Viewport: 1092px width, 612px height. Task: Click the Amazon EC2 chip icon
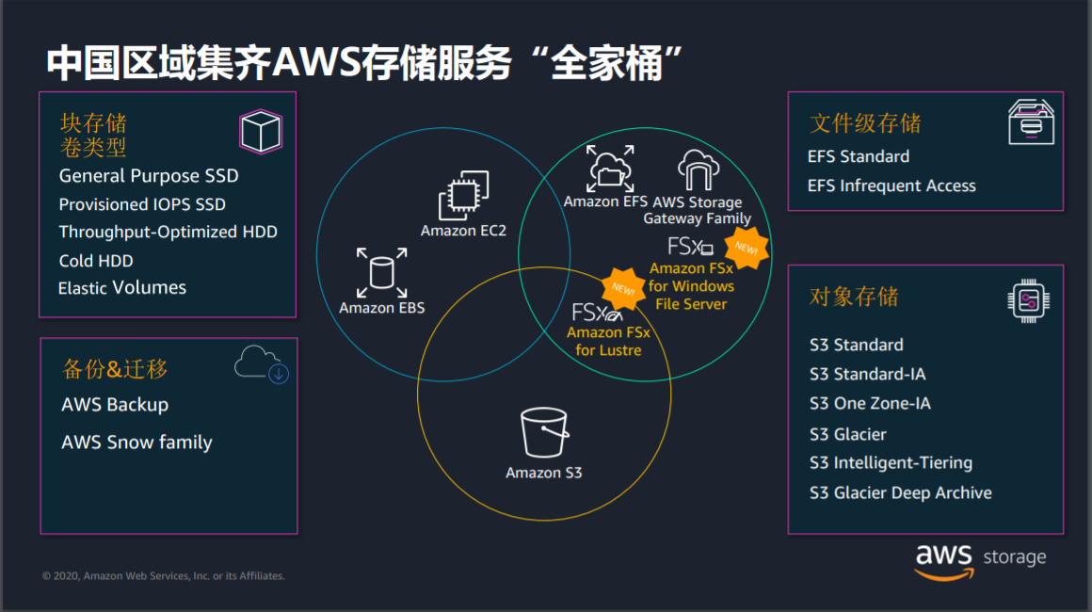[464, 195]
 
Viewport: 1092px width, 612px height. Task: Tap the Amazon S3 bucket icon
[544, 432]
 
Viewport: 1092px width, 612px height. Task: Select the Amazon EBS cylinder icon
[381, 272]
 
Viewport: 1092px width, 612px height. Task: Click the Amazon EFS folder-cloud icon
[610, 169]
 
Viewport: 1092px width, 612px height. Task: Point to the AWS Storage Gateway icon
[698, 169]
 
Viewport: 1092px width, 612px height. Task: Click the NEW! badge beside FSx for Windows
[747, 248]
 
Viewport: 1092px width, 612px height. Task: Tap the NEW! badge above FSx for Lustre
[622, 288]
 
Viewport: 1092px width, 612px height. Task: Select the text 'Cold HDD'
[96, 261]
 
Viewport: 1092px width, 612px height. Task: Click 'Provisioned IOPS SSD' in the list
[142, 204]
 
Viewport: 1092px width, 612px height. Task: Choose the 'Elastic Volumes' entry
[122, 288]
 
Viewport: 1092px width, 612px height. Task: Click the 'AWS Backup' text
[115, 405]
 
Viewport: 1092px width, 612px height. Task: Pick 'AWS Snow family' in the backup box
[136, 443]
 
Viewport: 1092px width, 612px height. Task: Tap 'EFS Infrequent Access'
[891, 185]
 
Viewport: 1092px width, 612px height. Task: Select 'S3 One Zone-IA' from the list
[870, 403]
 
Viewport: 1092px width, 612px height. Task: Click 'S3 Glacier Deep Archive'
[901, 493]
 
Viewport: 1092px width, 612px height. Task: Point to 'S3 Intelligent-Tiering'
[891, 463]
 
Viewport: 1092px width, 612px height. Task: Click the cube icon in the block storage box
[261, 131]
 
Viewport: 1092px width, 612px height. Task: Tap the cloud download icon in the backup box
[262, 363]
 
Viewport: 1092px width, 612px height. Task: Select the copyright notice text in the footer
[164, 576]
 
